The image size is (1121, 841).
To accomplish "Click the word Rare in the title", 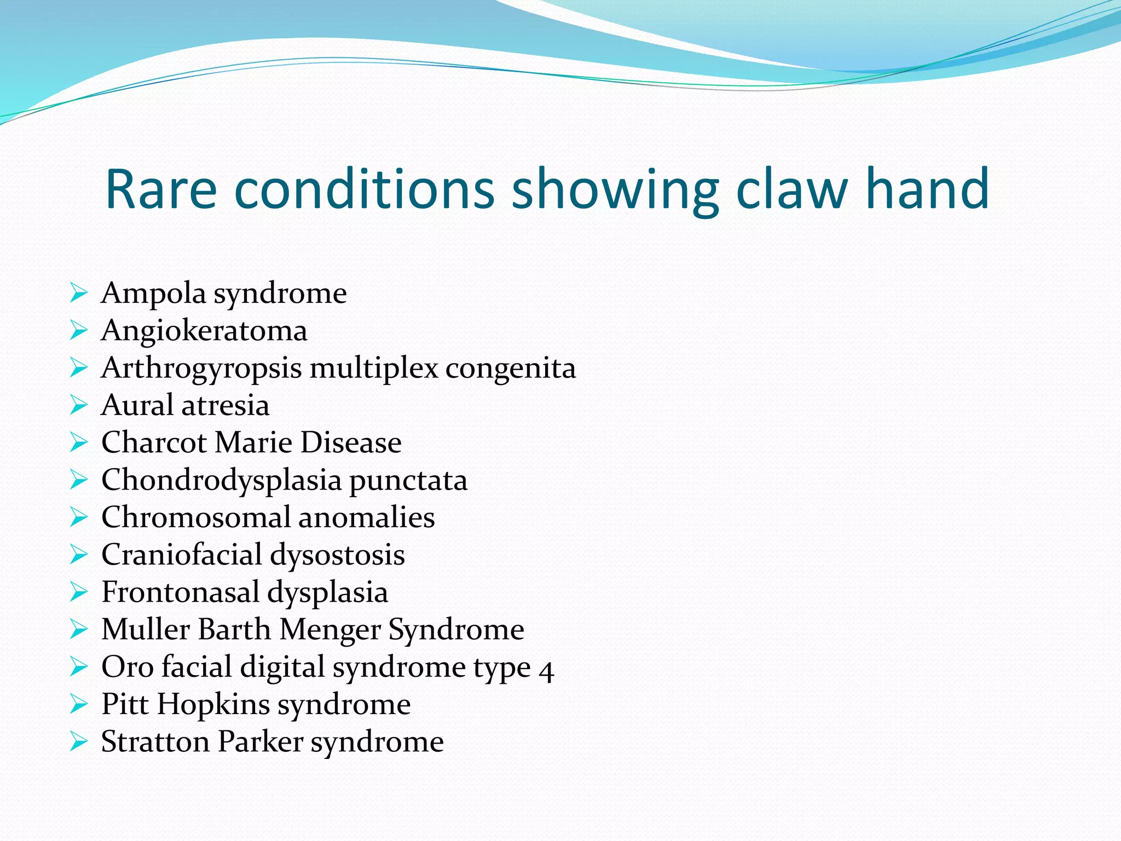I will [161, 189].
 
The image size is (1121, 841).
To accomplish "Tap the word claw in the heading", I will [793, 189].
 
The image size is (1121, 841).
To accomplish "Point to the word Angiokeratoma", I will [204, 331].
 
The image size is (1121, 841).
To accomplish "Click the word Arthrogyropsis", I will [201, 368].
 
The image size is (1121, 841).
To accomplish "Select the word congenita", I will [510, 368].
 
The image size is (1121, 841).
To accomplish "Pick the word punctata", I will [408, 481].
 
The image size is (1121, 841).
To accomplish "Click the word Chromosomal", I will [195, 517].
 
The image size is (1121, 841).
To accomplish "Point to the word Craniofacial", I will [182, 555].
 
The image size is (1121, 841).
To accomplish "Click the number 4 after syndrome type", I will [546, 669].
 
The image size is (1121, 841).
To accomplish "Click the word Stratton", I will [155, 742].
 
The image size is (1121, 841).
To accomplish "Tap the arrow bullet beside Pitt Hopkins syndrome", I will [79, 704].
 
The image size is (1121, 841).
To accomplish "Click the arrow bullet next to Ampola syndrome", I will [79, 293].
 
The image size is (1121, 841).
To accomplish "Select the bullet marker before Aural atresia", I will [79, 405].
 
